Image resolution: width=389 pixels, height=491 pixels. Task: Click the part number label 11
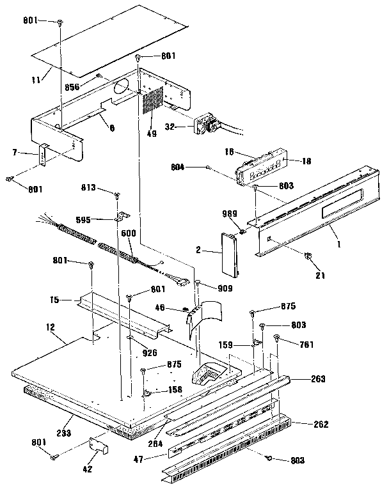[36, 79]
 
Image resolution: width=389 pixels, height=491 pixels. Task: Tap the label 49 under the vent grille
[151, 134]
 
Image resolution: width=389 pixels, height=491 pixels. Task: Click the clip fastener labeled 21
[308, 256]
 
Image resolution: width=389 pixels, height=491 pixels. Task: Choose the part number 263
[318, 379]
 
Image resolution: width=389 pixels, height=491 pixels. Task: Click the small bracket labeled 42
[97, 446]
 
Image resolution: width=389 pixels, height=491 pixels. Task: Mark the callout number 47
[157, 458]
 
